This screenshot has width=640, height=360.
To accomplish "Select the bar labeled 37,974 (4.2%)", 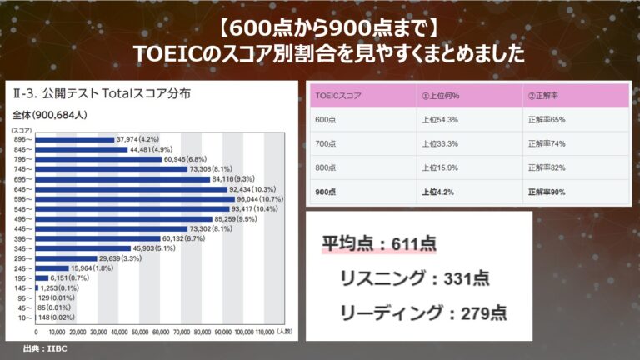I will click(x=75, y=139).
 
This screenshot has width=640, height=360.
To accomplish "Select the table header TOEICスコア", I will click(x=336, y=96).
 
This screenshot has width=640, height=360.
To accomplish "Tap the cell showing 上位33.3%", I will click(x=441, y=143).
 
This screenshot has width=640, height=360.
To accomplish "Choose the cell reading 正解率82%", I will click(x=547, y=167).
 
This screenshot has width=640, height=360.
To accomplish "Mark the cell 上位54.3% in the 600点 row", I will click(x=441, y=120).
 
